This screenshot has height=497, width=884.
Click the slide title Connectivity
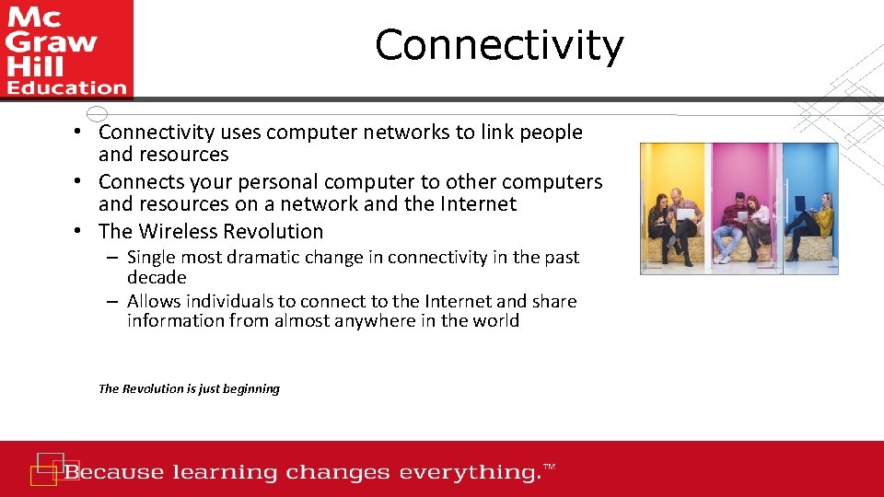coord(499,45)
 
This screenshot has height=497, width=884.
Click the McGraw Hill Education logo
coord(65,49)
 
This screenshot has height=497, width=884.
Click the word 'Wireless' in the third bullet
coord(188,232)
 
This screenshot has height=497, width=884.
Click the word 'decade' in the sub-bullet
coord(157,277)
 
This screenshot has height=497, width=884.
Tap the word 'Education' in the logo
coord(65,88)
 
